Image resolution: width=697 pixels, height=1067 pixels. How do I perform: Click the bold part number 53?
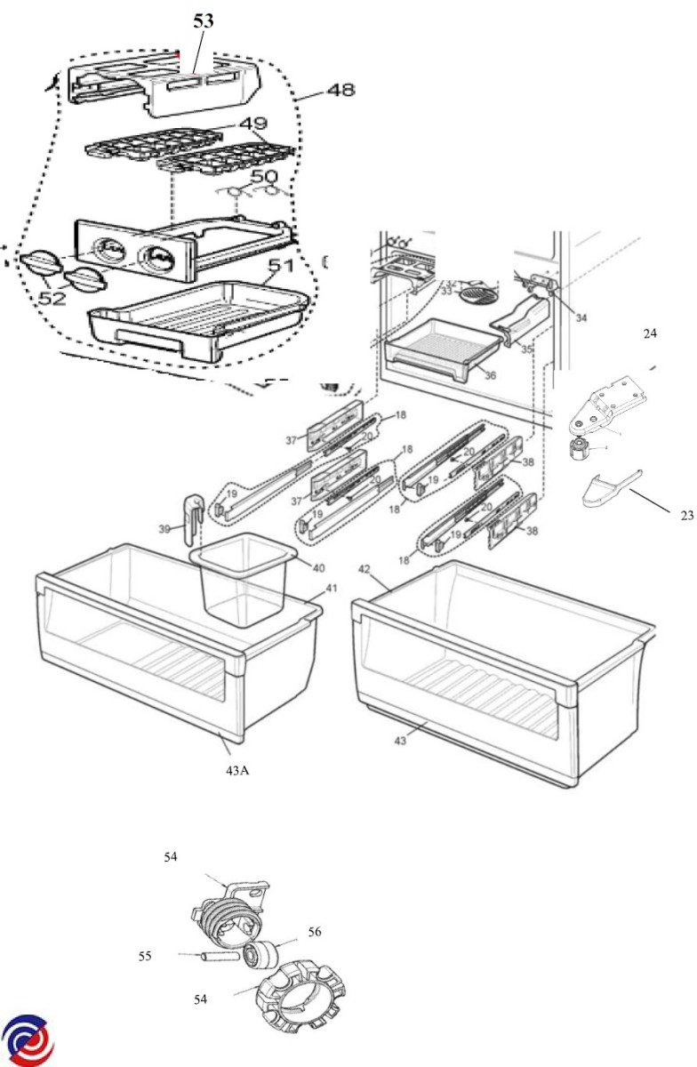204,21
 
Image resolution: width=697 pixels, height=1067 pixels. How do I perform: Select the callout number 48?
340,90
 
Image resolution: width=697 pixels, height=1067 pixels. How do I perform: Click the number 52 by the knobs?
52,298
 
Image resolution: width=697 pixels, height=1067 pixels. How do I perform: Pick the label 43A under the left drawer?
236,770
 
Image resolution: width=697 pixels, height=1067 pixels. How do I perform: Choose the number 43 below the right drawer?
402,740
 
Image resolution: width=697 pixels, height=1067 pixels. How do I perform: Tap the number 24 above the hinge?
650,333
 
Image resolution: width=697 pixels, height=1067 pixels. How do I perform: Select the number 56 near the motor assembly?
314,932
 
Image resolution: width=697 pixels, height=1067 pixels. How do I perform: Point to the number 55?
145,956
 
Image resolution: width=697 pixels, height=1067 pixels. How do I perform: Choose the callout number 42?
365,567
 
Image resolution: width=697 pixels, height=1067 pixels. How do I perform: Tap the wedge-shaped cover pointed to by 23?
605,489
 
